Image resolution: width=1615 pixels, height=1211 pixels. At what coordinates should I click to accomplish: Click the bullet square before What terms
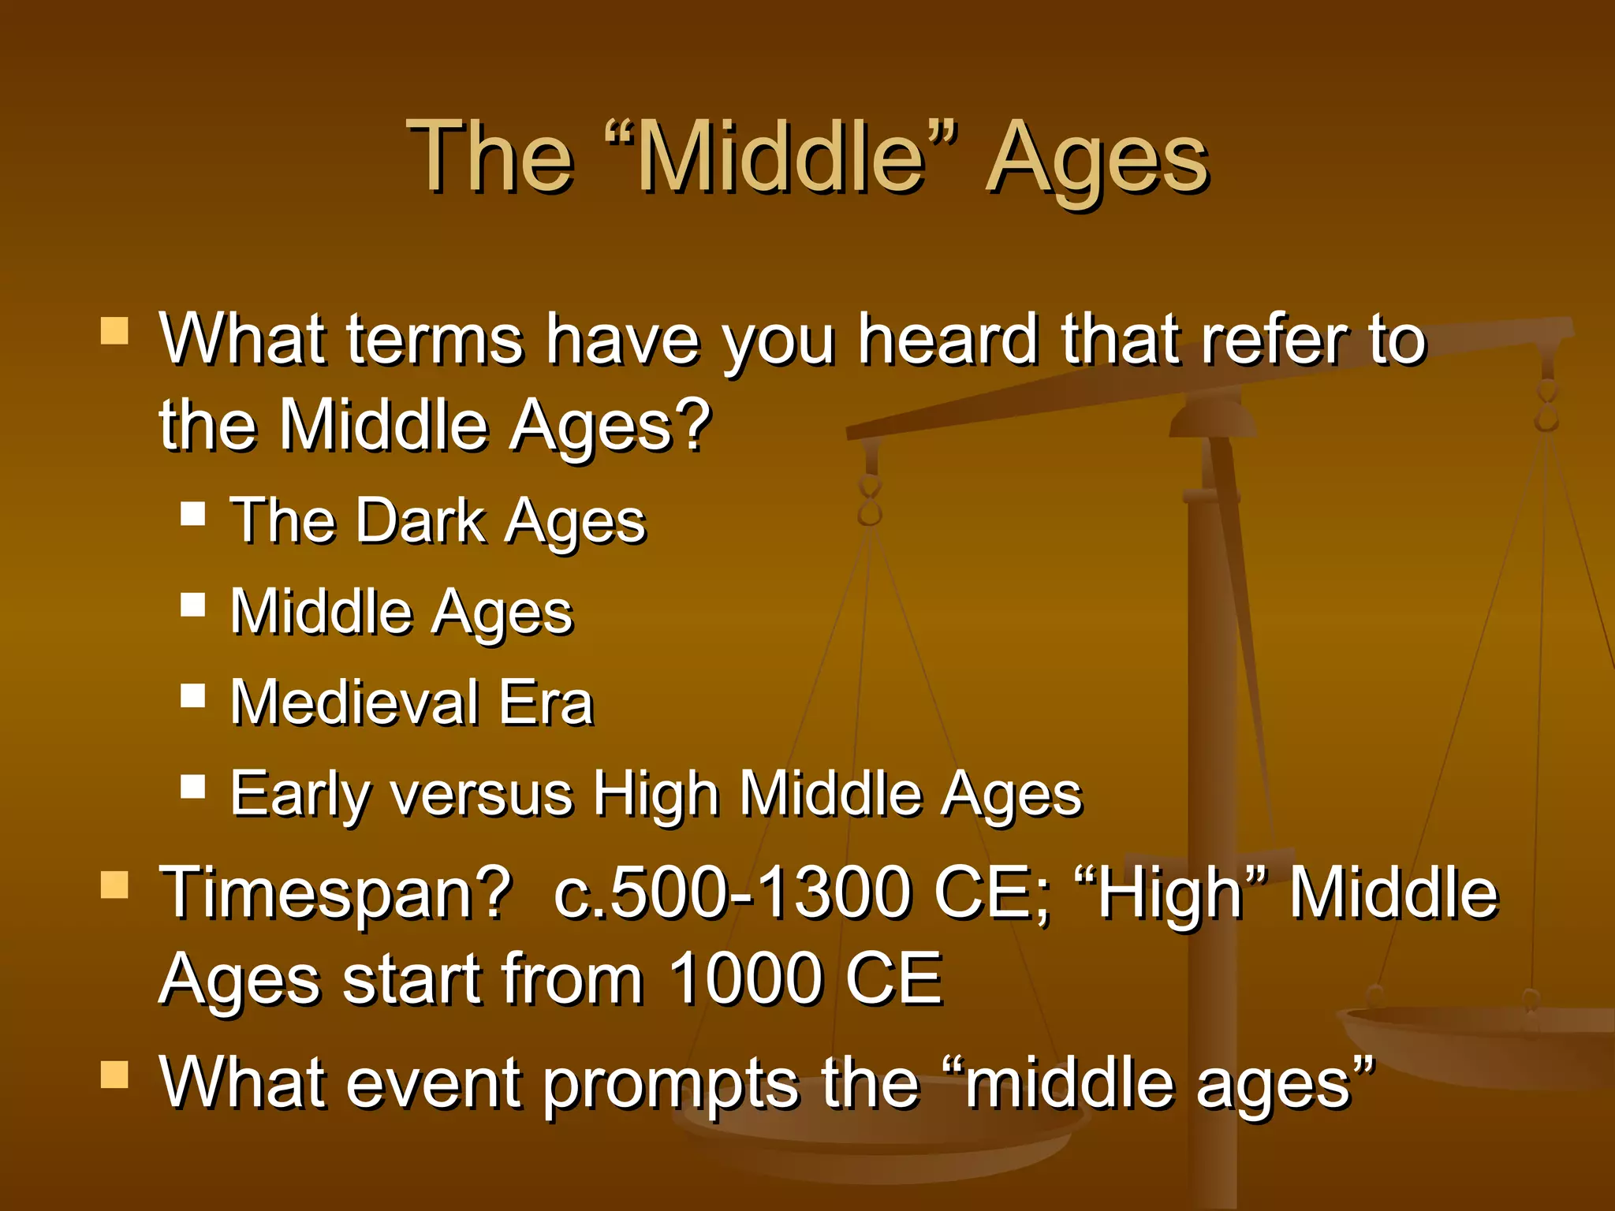(114, 331)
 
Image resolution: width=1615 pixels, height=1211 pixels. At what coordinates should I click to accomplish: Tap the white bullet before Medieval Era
(192, 696)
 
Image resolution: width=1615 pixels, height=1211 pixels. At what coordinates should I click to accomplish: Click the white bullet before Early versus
(192, 787)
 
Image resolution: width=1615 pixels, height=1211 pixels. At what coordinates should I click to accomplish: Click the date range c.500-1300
(733, 893)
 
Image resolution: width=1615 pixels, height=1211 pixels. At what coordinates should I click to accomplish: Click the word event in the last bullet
(433, 1083)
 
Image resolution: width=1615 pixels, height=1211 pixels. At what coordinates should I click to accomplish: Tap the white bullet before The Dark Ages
(192, 515)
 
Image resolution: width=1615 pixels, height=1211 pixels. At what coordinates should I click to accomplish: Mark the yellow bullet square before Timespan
(114, 885)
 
